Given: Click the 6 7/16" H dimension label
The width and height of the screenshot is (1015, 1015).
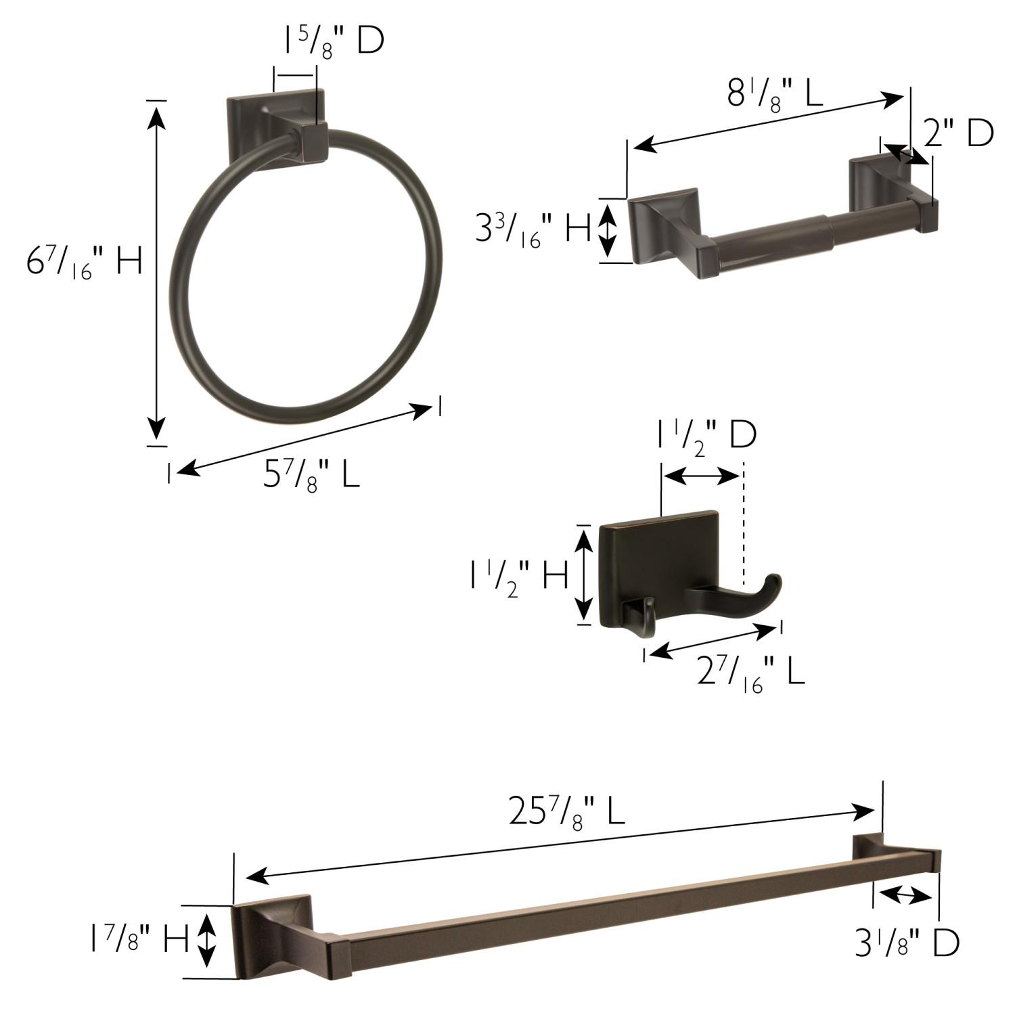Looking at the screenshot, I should tap(85, 262).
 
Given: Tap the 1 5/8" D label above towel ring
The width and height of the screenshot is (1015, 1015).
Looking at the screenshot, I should tap(333, 43).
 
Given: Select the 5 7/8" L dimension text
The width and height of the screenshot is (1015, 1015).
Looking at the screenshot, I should tap(311, 475).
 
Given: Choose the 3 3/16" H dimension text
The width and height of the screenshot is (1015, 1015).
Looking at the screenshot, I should tap(533, 229).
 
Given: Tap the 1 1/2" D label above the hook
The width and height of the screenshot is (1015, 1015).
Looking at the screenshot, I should tap(706, 436).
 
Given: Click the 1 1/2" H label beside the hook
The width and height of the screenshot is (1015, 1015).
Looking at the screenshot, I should tap(520, 577).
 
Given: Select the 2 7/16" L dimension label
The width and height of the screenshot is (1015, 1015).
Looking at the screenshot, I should tap(751, 673).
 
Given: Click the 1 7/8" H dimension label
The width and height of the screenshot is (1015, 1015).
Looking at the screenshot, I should tap(139, 940).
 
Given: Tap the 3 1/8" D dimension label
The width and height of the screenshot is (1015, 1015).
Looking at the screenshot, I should tap(907, 943).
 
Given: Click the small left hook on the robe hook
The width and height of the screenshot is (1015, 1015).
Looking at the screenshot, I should tap(639, 615).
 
